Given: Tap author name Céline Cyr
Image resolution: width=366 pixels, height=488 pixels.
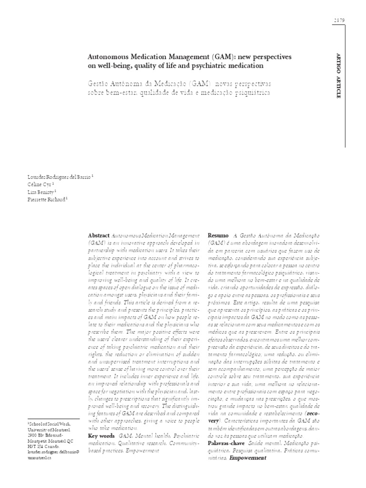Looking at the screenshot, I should [x=41, y=184].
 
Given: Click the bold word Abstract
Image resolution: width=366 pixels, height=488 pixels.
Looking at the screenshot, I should [x=99, y=236].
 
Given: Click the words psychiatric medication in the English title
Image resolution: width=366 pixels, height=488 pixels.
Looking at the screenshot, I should [x=225, y=66].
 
